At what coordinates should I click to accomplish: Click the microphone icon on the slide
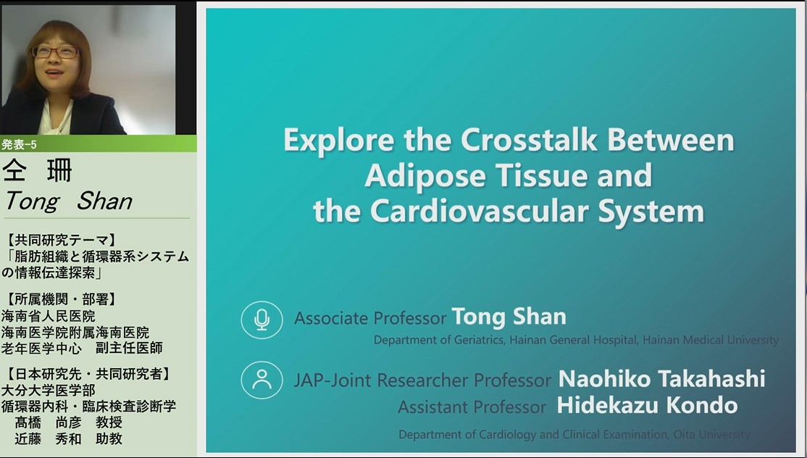[262, 320]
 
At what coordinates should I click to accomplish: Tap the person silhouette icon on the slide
[262, 380]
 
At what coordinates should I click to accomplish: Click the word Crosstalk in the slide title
[529, 140]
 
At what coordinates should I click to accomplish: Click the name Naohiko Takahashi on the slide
[662, 379]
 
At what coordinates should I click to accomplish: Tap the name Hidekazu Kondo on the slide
[648, 406]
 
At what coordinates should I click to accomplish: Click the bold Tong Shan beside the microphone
[509, 317]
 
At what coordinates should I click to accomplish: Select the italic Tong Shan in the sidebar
[68, 201]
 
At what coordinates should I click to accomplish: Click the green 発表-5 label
[19, 145]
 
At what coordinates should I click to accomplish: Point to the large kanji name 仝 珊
[37, 171]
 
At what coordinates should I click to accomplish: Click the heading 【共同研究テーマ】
[62, 240]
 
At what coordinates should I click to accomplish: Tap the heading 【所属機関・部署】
[62, 299]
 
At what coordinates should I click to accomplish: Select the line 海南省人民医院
[49, 315]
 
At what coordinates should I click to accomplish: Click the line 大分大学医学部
[49, 390]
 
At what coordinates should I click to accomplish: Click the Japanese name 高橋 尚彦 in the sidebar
[49, 422]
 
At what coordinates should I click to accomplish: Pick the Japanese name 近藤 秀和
[49, 439]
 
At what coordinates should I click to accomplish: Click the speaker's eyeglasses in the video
[56, 52]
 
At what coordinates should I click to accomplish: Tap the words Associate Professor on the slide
[370, 319]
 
